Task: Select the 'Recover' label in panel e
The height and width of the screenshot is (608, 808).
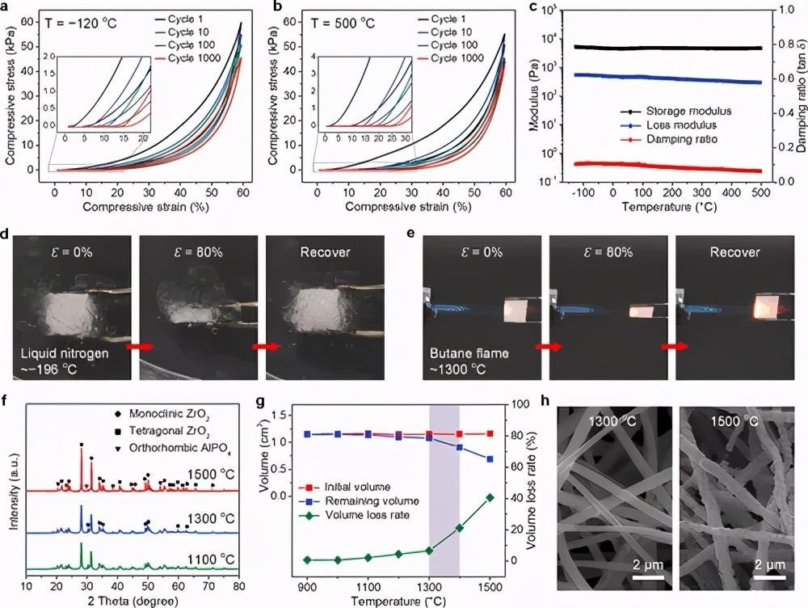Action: click(x=734, y=252)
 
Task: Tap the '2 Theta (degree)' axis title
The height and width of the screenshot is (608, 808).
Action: click(x=132, y=601)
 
